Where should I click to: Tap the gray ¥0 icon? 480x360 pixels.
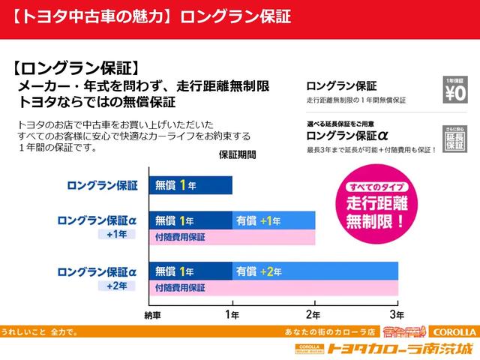pyautogui.click(x=455, y=89)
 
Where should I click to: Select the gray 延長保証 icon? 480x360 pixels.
pyautogui.click(x=455, y=137)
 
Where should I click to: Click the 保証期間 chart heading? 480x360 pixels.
pyautogui.click(x=237, y=155)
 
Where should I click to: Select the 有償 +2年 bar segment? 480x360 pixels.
pyautogui.click(x=315, y=271)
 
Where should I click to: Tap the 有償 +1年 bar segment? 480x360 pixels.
pyautogui.click(x=274, y=220)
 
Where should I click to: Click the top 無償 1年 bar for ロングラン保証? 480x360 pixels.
pyautogui.click(x=190, y=184)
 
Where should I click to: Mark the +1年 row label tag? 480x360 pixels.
pyautogui.click(x=116, y=235)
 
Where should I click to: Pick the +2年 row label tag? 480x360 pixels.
pyautogui.click(x=116, y=286)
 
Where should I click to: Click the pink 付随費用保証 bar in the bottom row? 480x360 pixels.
pyautogui.click(x=274, y=287)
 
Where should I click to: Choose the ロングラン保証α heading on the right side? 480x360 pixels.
pyautogui.click(x=346, y=136)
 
